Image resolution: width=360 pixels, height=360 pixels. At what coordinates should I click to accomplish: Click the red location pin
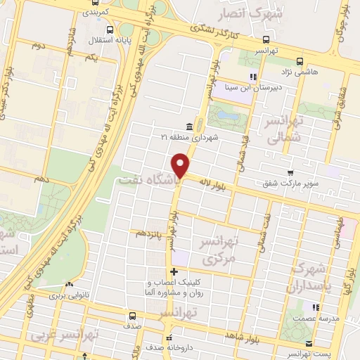click(x=181, y=165)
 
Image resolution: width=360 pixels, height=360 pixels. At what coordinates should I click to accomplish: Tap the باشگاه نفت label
click(x=150, y=180)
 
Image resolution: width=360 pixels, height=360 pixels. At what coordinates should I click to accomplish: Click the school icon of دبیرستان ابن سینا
click(x=252, y=77)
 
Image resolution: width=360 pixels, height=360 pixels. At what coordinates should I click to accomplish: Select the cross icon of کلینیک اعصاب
click(x=173, y=271)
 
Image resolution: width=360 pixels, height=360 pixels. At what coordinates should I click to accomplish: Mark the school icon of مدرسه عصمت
click(x=316, y=307)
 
